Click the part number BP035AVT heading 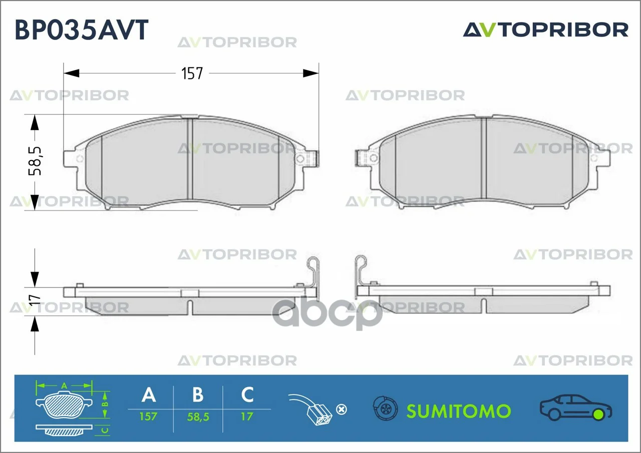[82, 29]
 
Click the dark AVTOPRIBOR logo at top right [545, 29]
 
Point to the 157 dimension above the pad [192, 73]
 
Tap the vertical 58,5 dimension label [35, 161]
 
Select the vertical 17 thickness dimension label [35, 299]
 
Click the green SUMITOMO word [458, 411]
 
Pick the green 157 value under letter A [148, 416]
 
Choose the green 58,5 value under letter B [198, 417]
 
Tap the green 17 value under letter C [247, 416]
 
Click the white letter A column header [149, 394]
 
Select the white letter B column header [198, 394]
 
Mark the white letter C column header [247, 394]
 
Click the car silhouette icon [576, 407]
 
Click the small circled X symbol [342, 409]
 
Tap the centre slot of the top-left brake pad [190, 159]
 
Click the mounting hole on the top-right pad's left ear [373, 158]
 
